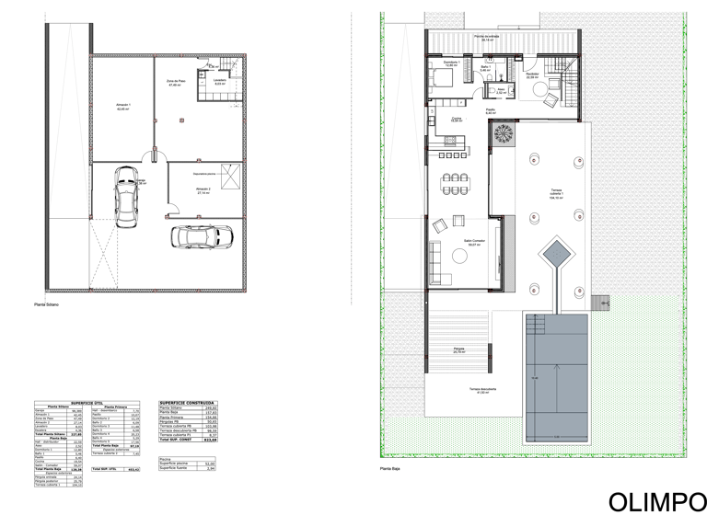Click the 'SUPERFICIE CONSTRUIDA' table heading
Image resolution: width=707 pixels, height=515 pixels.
(188, 402)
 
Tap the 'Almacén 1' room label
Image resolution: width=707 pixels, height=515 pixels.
(123, 107)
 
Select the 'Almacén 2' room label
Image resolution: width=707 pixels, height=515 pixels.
(203, 191)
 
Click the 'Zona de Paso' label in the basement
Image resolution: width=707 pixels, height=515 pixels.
(178, 83)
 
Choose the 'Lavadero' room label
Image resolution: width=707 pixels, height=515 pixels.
(219, 82)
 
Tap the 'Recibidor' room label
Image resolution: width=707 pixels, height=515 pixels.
(531, 75)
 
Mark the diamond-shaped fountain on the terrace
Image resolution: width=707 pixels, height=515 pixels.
(557, 252)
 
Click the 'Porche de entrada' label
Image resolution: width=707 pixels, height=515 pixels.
(486, 38)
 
